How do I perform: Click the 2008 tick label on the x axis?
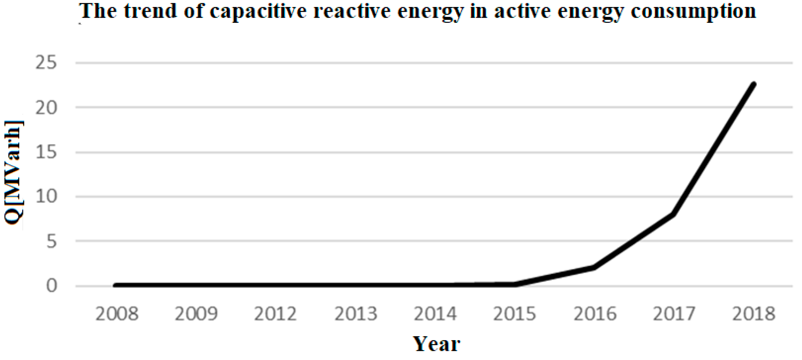pyautogui.click(x=117, y=314)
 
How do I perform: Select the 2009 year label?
pyautogui.click(x=196, y=314)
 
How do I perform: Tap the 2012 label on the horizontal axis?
pyautogui.click(x=276, y=314)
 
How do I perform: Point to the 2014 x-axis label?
pyautogui.click(x=435, y=314)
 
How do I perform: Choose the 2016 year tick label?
pyautogui.click(x=595, y=314)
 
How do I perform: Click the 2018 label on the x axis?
pyautogui.click(x=753, y=314)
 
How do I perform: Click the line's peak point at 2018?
pyautogui.click(x=753, y=84)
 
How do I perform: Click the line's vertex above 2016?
pyautogui.click(x=594, y=267)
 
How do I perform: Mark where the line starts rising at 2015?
pyautogui.click(x=514, y=284)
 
